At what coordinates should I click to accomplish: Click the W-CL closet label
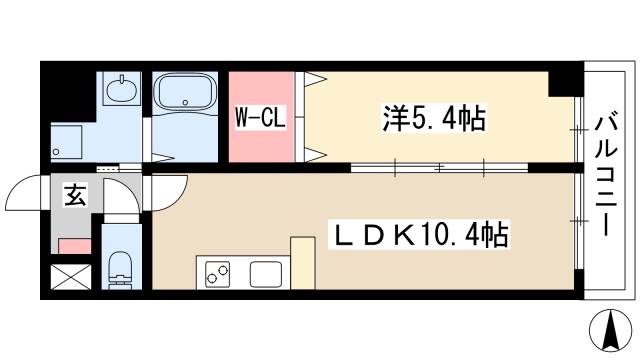pyautogui.click(x=260, y=118)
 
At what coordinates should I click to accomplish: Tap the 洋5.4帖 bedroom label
pyautogui.click(x=434, y=118)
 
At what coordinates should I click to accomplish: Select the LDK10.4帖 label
pyautogui.click(x=420, y=234)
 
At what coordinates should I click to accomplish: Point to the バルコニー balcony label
pyautogui.click(x=605, y=176)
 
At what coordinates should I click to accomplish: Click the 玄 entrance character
pyautogui.click(x=76, y=195)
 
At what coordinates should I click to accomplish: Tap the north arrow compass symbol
pyautogui.click(x=611, y=330)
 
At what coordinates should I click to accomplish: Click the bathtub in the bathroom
pyautogui.click(x=185, y=92)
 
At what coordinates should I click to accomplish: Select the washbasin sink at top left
pyautogui.click(x=121, y=89)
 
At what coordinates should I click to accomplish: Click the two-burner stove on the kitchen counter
pyautogui.click(x=218, y=274)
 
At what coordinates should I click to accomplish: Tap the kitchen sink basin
pyautogui.click(x=266, y=274)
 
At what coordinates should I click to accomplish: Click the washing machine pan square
pyautogui.click(x=67, y=142)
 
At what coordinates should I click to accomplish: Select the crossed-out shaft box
pyautogui.click(x=71, y=277)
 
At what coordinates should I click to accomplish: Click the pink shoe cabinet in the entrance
pyautogui.click(x=74, y=246)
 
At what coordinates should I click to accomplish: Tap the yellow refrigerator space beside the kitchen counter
pyautogui.click(x=302, y=263)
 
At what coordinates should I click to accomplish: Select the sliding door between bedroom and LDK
pyautogui.click(x=439, y=167)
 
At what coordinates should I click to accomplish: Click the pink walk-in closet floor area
pyautogui.click(x=261, y=117)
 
